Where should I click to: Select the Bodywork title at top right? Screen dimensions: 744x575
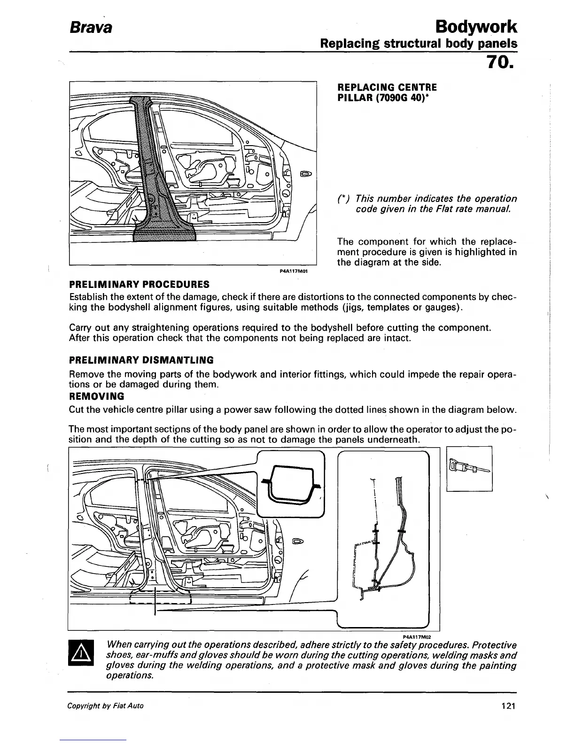476,26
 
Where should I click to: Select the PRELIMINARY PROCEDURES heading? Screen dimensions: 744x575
139,285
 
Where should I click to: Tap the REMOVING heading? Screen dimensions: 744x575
96,396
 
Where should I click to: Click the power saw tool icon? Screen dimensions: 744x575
469,468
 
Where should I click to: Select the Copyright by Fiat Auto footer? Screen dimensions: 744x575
106,706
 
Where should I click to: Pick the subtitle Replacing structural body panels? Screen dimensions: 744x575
418,44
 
